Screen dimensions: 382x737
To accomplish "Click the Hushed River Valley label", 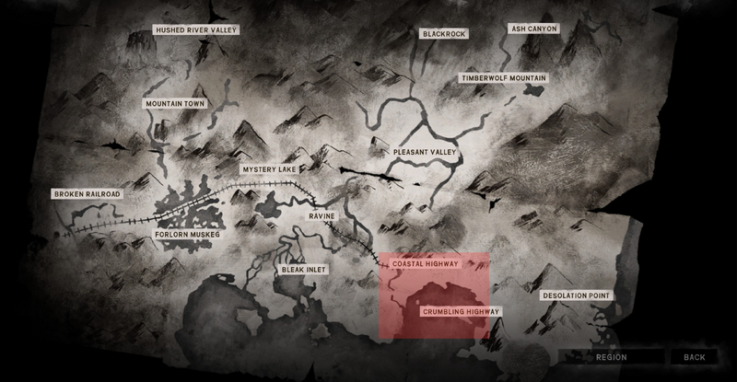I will tap(196, 30).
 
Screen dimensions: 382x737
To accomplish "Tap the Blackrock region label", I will tap(445, 34).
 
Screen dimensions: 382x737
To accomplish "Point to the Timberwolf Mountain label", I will tap(504, 79).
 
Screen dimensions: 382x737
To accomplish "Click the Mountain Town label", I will tap(174, 104).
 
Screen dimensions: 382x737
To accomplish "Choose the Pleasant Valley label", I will tap(425, 152).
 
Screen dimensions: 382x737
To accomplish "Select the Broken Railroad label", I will tap(88, 195).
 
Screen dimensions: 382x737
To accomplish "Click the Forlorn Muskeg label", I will tap(187, 235).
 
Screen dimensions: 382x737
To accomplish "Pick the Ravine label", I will tap(322, 216).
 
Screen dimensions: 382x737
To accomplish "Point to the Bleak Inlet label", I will tap(304, 270).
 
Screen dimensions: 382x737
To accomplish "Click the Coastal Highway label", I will tap(426, 264).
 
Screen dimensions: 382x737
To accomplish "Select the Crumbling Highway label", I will tap(461, 312).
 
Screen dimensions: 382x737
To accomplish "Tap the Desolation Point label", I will tap(576, 295).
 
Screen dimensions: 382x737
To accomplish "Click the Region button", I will tap(611, 357).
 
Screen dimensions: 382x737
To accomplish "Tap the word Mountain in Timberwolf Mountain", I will tap(525, 79).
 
